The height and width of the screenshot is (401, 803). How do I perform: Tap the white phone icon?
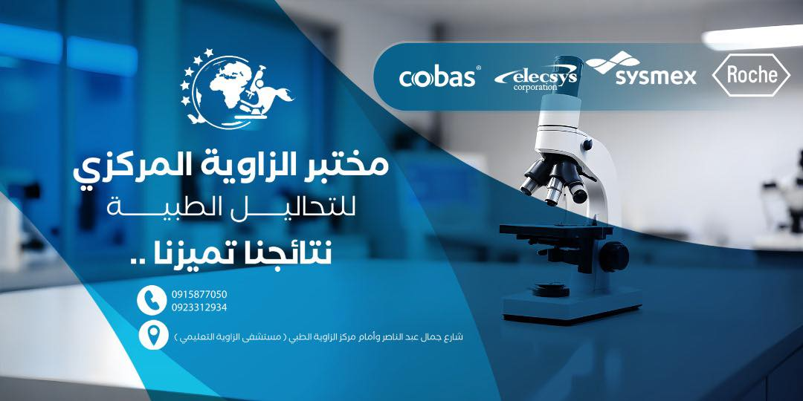[152, 300]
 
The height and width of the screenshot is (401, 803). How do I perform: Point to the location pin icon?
[153, 335]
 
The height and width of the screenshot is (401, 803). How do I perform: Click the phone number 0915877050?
[199, 294]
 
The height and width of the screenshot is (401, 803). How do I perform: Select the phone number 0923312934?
[199, 307]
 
